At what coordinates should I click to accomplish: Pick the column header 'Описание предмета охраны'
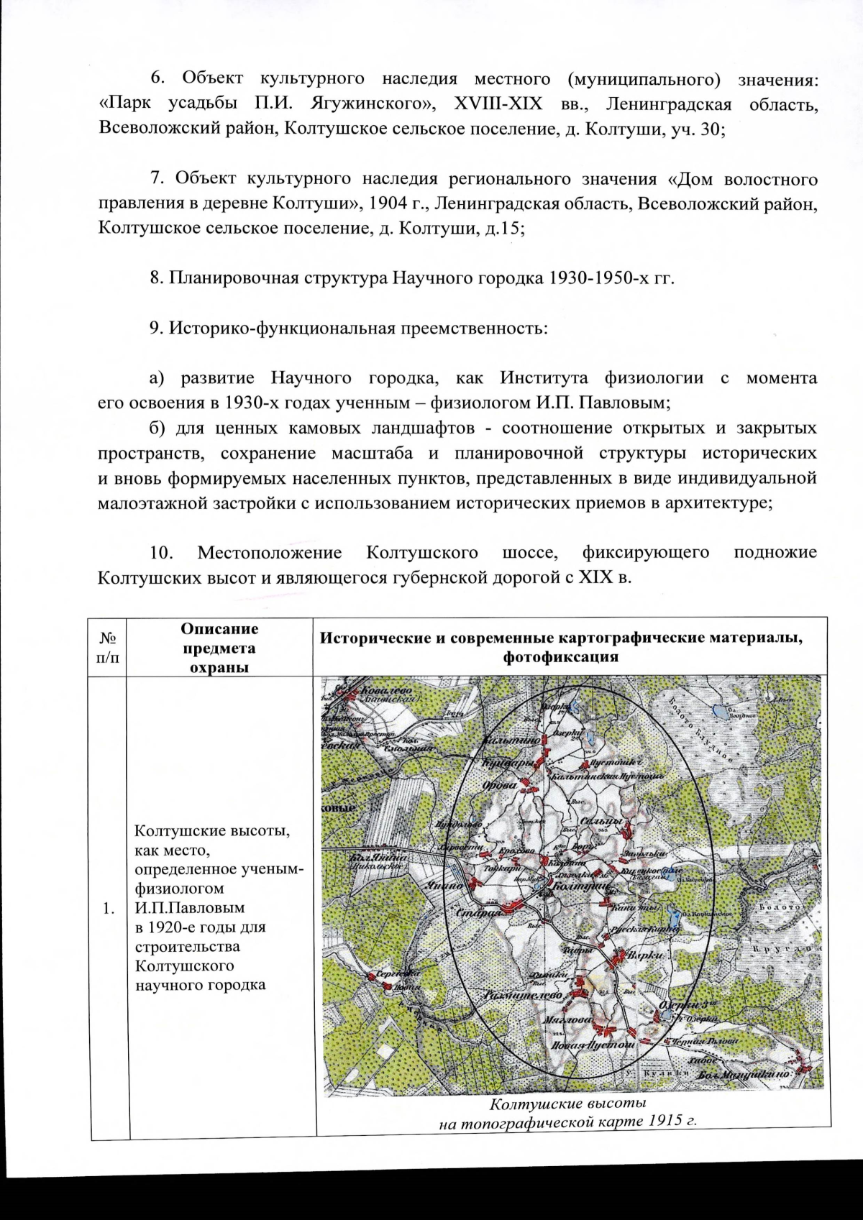pos(219,648)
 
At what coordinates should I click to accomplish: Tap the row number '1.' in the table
pos(109,909)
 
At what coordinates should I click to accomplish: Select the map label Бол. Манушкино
pos(748,1073)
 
